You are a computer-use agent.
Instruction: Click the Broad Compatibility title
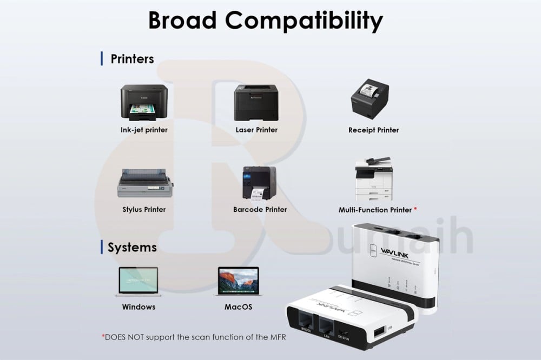coord(266,21)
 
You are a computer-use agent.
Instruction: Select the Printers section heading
coord(132,59)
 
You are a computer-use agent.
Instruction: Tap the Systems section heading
coord(132,248)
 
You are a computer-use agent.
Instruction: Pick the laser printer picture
coord(256,103)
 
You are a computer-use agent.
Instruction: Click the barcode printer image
coord(259,183)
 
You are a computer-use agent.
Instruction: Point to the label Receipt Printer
coord(373,130)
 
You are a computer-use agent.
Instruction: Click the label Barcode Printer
coord(260,210)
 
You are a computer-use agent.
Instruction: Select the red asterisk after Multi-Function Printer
coord(415,209)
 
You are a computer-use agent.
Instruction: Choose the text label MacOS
coord(238,307)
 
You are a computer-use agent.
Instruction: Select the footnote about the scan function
coord(194,337)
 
